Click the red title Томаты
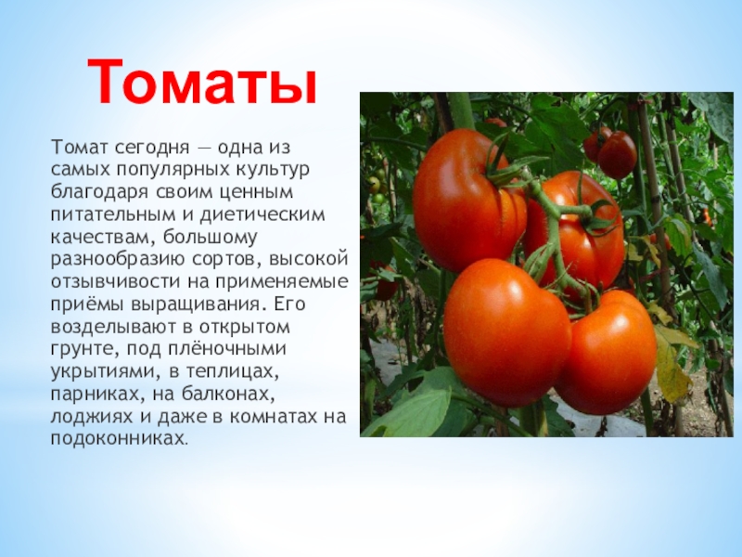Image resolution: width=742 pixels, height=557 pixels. [203, 82]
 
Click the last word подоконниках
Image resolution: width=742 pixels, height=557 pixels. [117, 435]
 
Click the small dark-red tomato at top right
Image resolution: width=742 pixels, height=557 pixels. [616, 154]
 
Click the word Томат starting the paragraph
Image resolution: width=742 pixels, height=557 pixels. [78, 148]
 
